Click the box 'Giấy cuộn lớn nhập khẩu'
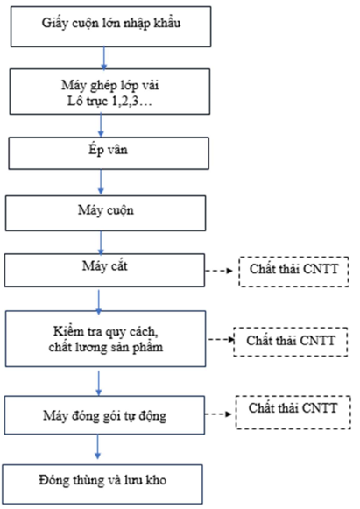coord(110,26)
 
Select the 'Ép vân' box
coord(109,153)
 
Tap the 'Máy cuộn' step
coord(105,213)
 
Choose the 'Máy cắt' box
coord(104,271)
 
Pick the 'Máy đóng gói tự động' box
coord(104,415)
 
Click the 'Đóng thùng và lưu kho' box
coord(102,484)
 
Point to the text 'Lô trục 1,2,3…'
coord(109,102)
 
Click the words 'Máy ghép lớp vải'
coord(110,86)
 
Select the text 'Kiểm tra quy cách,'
coord(106,331)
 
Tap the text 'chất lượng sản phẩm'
coord(106,347)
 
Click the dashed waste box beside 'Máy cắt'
coord(293,272)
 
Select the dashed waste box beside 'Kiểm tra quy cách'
coord(291,342)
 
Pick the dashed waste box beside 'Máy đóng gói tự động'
coord(293,413)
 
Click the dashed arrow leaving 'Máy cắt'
coord(220,271)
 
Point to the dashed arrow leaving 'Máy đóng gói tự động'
coord(218,414)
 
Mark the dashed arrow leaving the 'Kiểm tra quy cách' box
coord(222,340)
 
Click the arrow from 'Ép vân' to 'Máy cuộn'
coord(101,182)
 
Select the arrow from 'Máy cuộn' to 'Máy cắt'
coord(101,243)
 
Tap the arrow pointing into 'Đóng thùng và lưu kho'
coord(98,447)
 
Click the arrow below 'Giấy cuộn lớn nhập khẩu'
coord(104,59)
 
